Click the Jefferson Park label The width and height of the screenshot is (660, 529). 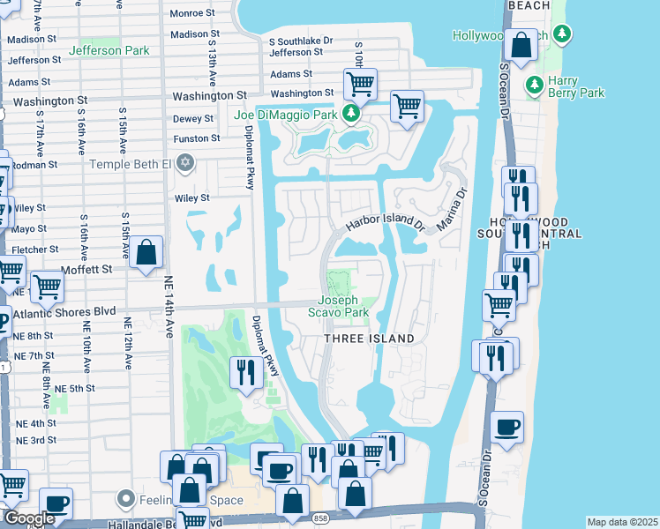109,51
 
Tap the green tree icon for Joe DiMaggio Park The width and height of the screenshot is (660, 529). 351,114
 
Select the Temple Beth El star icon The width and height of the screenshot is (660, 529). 184,162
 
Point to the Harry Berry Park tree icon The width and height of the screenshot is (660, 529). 534,86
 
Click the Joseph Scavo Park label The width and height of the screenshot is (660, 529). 338,306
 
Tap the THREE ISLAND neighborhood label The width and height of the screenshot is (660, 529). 369,339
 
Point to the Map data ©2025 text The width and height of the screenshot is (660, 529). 622,522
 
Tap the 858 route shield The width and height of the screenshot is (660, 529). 321,518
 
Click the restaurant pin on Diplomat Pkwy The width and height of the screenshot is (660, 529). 244,371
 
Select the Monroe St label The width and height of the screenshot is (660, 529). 192,13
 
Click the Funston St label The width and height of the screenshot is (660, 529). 196,138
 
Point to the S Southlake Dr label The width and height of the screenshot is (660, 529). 301,41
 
